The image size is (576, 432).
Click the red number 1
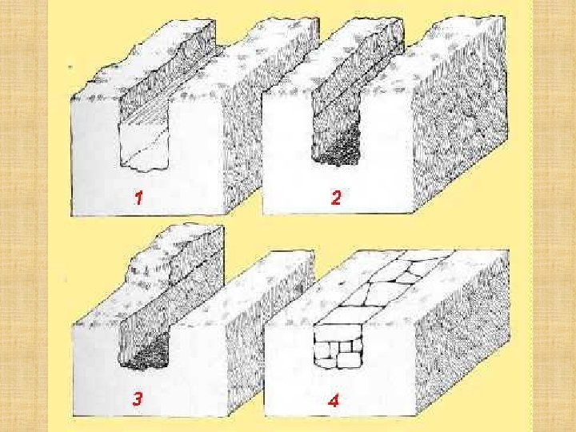coord(138,198)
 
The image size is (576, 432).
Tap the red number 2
coord(336,198)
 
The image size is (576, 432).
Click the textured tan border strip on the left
coord(24,216)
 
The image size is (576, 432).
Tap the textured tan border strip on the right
coord(554,216)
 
